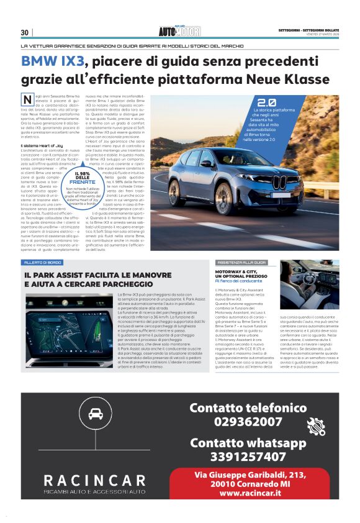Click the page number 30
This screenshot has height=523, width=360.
25,32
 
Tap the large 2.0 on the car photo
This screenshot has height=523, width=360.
266,102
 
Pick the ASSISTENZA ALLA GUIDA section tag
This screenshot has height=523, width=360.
241,263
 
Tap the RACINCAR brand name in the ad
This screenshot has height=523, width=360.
95,480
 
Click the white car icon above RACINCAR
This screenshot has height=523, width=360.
96,414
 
